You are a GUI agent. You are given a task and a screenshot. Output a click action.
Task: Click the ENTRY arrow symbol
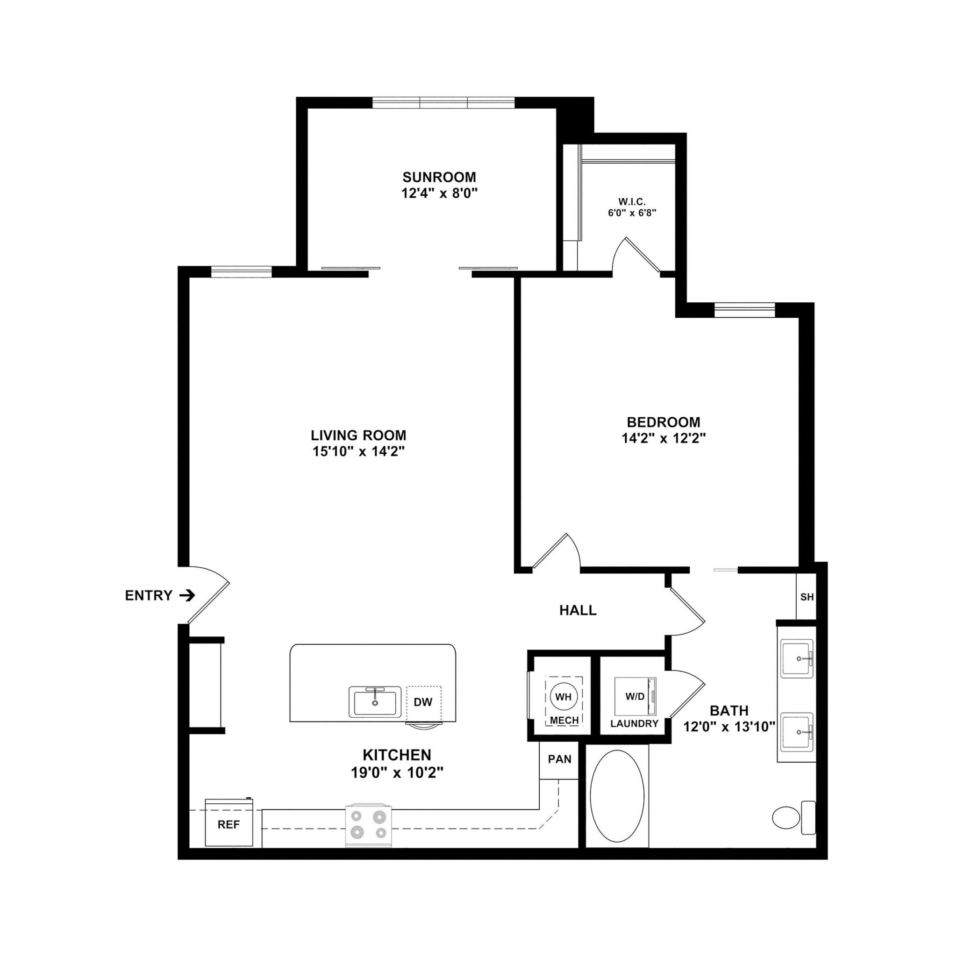(x=187, y=595)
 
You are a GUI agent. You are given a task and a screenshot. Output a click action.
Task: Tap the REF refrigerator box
(x=229, y=824)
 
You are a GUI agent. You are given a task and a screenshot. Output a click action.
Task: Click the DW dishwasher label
(x=423, y=702)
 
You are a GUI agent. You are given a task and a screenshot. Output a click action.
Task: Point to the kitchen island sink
(x=375, y=702)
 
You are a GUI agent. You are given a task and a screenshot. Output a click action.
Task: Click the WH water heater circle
(x=563, y=697)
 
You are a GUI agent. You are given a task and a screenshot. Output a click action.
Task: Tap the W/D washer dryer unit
(x=635, y=696)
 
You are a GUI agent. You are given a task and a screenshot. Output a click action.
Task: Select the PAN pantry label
(x=559, y=759)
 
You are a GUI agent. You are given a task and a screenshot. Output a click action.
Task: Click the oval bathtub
(x=617, y=796)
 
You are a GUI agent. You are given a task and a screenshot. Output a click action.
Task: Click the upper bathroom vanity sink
(x=797, y=658)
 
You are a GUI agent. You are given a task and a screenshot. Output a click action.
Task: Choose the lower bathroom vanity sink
(x=797, y=732)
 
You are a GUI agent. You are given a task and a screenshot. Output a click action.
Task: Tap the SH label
(x=807, y=597)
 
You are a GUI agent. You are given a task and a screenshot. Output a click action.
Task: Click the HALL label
(x=578, y=610)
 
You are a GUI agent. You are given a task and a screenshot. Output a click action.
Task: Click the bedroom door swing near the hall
(x=557, y=551)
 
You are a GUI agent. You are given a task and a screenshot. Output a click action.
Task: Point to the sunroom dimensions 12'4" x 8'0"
(x=439, y=193)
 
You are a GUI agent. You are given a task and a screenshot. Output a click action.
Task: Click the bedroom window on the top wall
(x=744, y=310)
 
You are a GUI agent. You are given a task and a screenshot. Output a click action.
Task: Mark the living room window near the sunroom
(x=242, y=271)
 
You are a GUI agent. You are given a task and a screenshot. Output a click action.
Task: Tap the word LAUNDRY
(x=634, y=724)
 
